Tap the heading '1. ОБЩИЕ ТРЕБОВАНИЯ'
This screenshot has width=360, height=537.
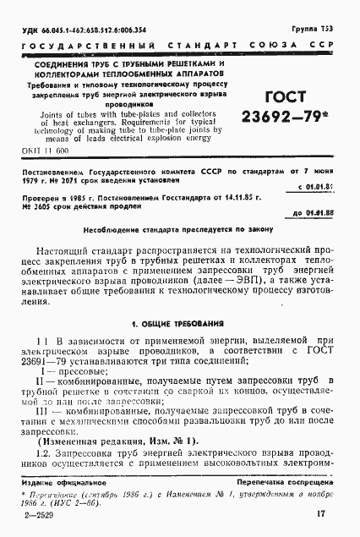pos(178,299)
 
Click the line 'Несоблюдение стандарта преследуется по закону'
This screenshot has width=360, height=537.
pos(178,228)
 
